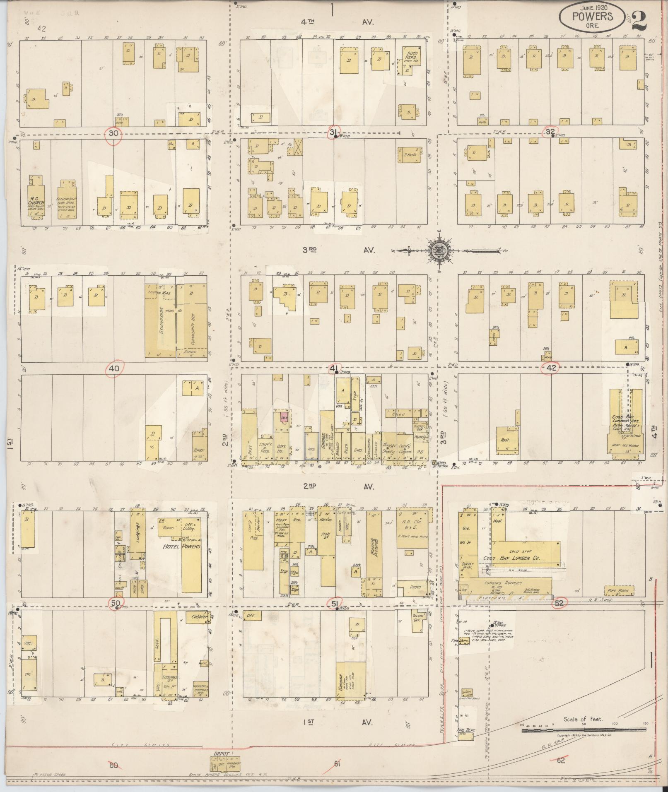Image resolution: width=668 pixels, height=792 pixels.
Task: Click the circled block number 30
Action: [114, 134]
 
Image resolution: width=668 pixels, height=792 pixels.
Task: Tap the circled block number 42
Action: [551, 367]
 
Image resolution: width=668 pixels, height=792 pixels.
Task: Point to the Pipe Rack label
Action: [617, 591]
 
